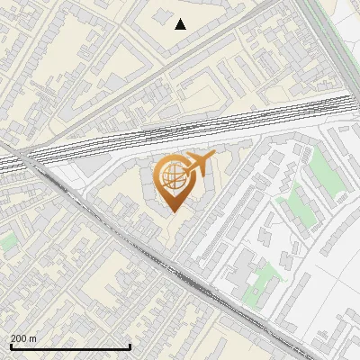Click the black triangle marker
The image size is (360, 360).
click(x=180, y=24)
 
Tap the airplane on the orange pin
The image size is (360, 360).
click(x=199, y=164)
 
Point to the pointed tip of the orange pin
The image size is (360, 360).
click(x=173, y=212)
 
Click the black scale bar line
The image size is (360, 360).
click(x=70, y=346)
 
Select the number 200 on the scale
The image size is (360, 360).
click(x=21, y=338)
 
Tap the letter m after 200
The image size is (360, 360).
click(x=33, y=338)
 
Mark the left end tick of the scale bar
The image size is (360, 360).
click(x=11, y=345)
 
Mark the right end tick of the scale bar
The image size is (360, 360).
click(x=130, y=345)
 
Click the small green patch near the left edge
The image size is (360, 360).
click(x=8, y=241)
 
